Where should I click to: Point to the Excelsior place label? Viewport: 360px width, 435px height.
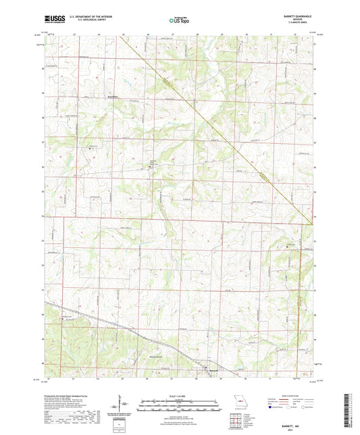click(99, 95)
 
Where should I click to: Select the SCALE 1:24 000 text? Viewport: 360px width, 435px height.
click(179, 396)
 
